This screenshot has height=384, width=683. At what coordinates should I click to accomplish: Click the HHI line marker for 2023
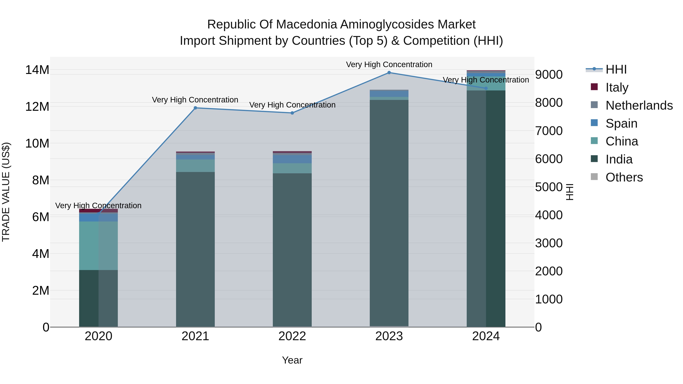[389, 73]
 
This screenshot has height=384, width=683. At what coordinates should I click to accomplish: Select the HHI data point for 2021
[195, 108]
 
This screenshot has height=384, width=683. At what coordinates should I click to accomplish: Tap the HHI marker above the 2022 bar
[292, 113]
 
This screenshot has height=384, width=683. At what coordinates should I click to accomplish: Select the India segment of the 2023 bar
[389, 212]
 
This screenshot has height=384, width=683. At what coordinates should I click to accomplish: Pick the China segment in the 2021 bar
[195, 166]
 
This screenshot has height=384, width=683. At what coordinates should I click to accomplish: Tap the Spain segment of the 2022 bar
[292, 159]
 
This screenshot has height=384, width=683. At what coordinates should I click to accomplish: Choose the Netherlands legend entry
[639, 105]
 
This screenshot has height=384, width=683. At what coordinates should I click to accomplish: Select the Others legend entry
[624, 177]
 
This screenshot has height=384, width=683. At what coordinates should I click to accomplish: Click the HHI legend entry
[616, 69]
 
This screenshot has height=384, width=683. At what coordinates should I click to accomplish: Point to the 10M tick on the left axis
[37, 143]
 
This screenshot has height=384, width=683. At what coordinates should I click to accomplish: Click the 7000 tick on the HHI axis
[548, 131]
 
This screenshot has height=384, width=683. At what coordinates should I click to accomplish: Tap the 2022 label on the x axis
[292, 336]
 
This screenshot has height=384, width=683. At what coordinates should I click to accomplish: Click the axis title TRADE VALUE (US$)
[6, 192]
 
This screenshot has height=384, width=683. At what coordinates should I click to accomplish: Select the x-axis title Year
[292, 360]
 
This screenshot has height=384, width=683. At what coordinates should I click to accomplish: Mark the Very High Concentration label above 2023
[389, 64]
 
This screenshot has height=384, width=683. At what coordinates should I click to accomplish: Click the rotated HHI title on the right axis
[569, 192]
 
